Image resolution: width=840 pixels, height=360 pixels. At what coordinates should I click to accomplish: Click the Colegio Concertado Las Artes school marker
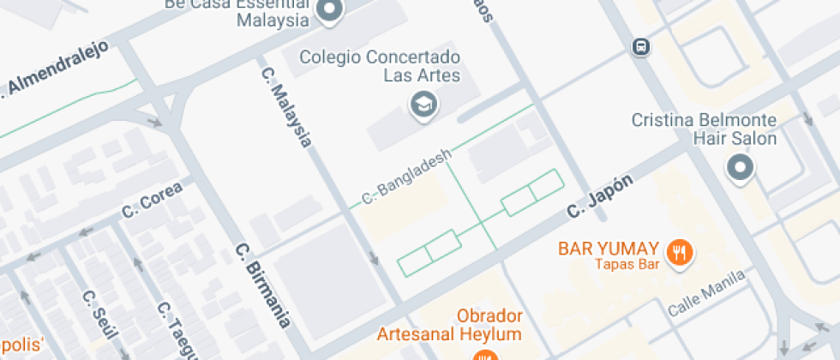click(x=423, y=105)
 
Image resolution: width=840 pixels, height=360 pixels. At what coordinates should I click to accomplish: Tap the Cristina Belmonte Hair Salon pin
click(x=739, y=166)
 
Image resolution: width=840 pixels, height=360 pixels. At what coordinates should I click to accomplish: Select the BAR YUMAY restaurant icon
click(x=681, y=251)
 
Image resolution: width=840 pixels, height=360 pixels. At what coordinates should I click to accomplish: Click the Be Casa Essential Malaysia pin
click(x=329, y=10)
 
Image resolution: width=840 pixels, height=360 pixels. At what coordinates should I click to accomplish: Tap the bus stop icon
click(x=640, y=47)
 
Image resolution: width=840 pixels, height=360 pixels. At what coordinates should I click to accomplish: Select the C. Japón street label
click(x=600, y=196)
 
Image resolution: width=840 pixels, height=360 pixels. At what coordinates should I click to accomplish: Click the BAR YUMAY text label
click(x=609, y=249)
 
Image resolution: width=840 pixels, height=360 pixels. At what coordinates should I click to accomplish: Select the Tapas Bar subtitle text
click(x=627, y=264)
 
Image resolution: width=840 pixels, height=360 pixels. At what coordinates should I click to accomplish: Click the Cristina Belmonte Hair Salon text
click(x=704, y=129)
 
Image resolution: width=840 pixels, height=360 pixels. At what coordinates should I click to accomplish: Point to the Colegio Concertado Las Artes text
click(x=380, y=67)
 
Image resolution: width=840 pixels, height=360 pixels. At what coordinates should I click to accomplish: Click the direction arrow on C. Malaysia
click(x=373, y=259)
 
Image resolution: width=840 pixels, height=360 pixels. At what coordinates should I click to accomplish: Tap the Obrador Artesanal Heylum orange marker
click(x=485, y=355)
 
